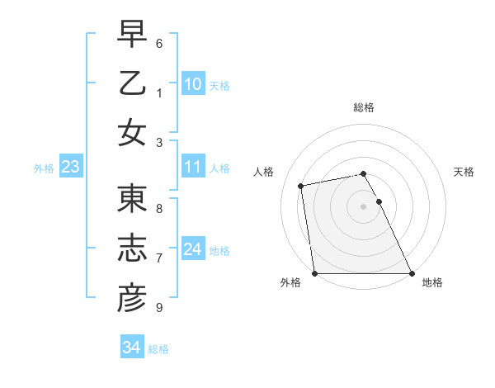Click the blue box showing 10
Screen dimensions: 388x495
pyautogui.click(x=192, y=83)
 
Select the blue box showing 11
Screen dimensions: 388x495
pyautogui.click(x=192, y=167)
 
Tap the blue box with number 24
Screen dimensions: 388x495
pyautogui.click(x=192, y=249)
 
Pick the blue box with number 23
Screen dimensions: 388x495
pyautogui.click(x=70, y=167)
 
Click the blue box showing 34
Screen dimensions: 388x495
pyautogui.click(x=131, y=348)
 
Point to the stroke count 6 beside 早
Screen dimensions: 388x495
pyautogui.click(x=159, y=43)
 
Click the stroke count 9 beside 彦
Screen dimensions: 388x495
pyautogui.click(x=159, y=307)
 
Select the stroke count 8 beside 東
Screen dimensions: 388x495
pyautogui.click(x=159, y=209)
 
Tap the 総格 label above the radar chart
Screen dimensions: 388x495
pyautogui.click(x=364, y=107)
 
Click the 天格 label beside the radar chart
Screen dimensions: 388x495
pyautogui.click(x=464, y=172)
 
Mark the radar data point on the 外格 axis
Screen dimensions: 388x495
pyautogui.click(x=314, y=273)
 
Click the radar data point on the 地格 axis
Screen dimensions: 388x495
pyautogui.click(x=412, y=273)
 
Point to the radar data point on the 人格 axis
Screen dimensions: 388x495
pyautogui.click(x=301, y=186)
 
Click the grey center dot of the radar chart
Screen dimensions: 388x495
pyautogui.click(x=363, y=206)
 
